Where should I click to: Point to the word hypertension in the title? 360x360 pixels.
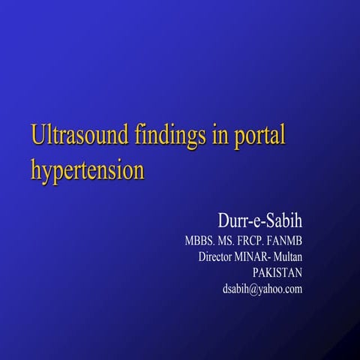87,170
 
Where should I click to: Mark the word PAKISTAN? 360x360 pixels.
277,273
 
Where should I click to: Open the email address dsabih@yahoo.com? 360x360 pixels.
262,289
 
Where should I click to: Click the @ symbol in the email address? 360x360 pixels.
253,289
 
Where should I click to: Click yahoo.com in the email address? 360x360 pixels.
280,289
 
